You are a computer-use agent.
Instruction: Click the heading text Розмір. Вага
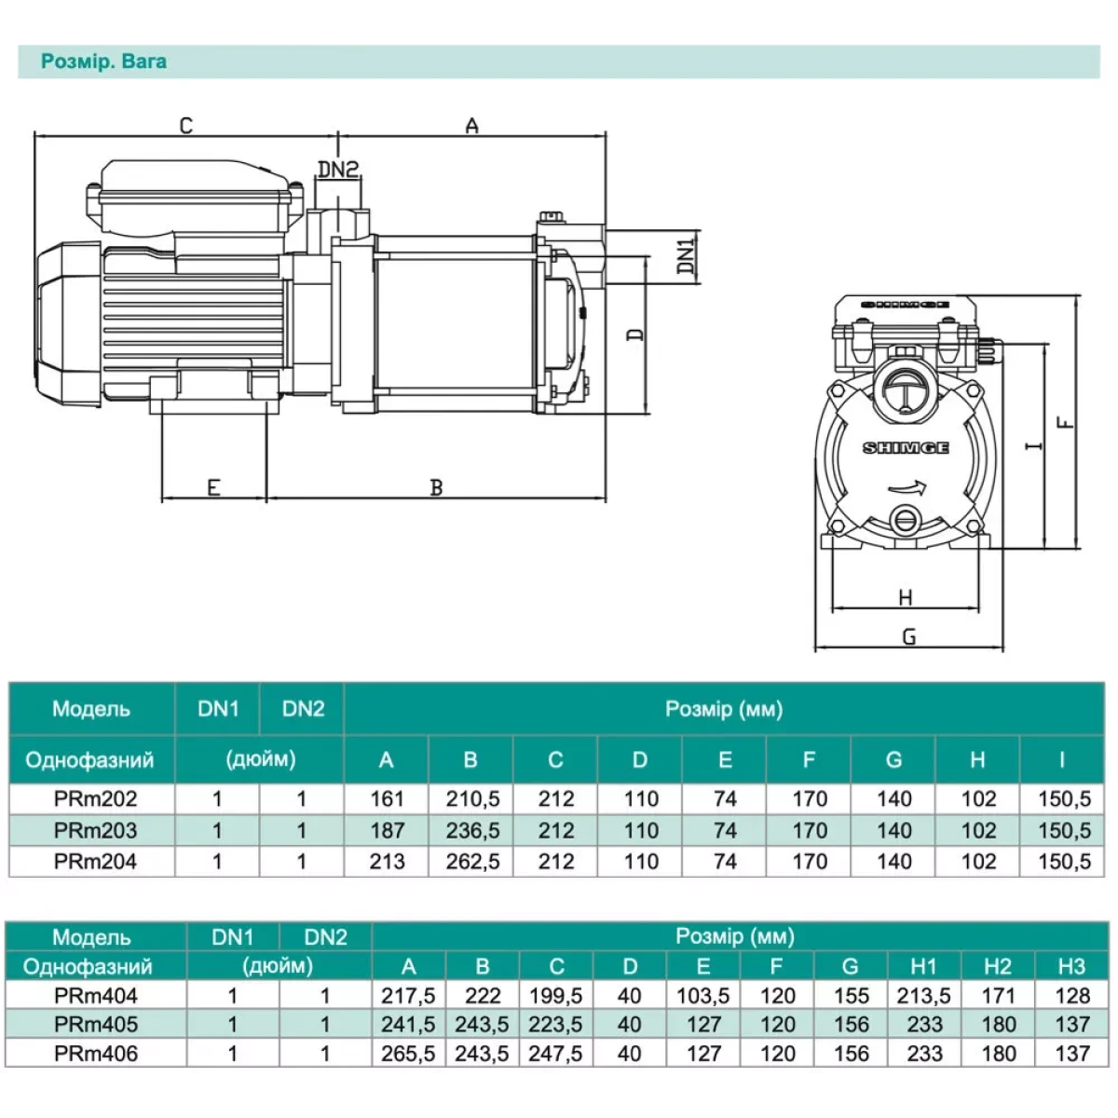point(103,62)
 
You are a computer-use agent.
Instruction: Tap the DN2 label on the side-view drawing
point(338,169)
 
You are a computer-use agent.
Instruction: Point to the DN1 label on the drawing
point(686,256)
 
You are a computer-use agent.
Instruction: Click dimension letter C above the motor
point(185,125)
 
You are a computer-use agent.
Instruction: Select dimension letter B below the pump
point(436,486)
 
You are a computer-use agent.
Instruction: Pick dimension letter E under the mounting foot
point(213,486)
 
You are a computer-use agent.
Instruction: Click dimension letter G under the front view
point(909,636)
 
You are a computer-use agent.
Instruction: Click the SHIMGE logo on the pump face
point(906,448)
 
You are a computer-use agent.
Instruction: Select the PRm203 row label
point(95,830)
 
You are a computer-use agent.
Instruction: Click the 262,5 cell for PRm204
point(472,862)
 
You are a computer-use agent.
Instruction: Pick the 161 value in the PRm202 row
point(387,799)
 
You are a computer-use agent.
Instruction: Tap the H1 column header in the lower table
point(922,967)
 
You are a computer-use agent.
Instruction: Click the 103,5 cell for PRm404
point(703,996)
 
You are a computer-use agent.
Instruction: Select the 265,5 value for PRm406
point(408,1054)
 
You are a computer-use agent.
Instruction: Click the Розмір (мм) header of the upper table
point(724,710)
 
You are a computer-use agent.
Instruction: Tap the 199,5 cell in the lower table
point(555,996)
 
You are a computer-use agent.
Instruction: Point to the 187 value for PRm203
point(387,830)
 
